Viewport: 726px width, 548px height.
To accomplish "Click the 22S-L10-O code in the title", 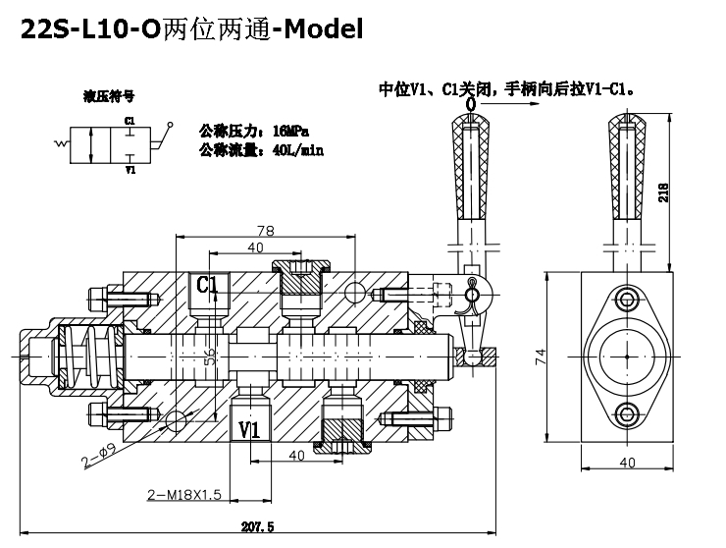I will tap(80, 29).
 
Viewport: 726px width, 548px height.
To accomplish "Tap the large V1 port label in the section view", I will tap(249, 429).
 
